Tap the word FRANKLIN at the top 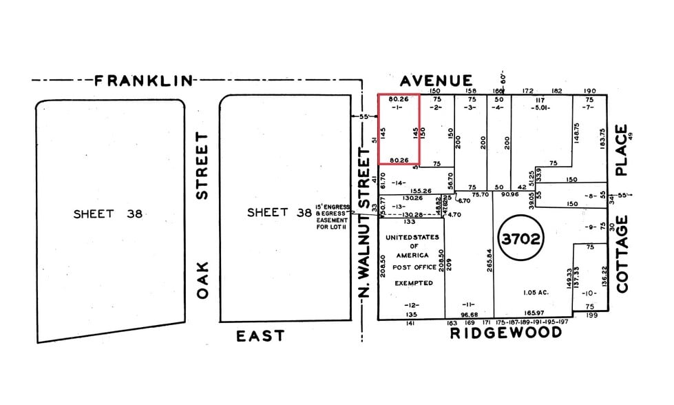(x=144, y=81)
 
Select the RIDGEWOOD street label (x=505, y=333)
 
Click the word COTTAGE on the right (x=622, y=253)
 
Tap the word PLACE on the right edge (x=622, y=150)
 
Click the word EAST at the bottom (x=260, y=336)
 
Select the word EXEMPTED (x=413, y=283)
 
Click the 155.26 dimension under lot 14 (x=421, y=191)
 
